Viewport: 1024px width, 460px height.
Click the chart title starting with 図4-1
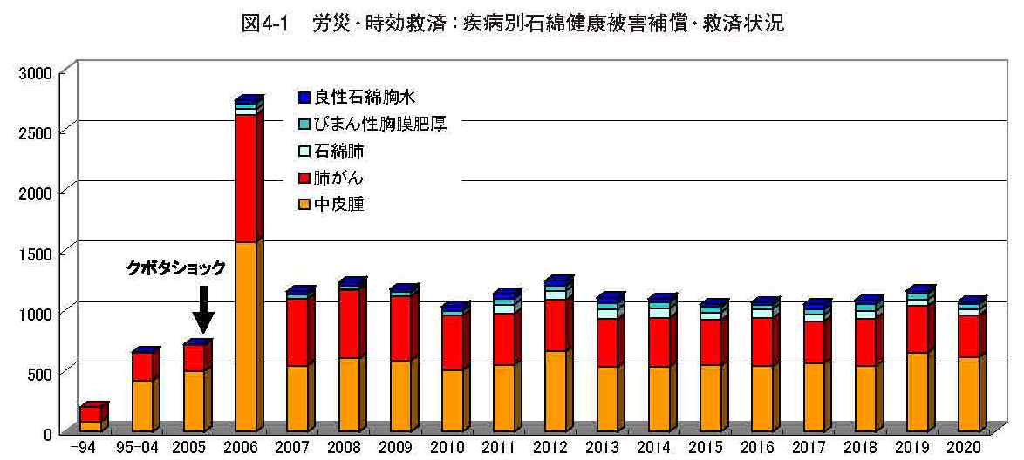pyautogui.click(x=512, y=24)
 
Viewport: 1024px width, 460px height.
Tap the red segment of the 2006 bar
pyautogui.click(x=245, y=179)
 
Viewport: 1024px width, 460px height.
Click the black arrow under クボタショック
pyautogui.click(x=203, y=309)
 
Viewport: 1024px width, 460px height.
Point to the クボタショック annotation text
pyautogui.click(x=175, y=267)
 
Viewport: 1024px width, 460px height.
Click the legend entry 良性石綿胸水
pyautogui.click(x=358, y=98)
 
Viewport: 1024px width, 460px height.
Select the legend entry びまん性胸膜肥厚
pyautogui.click(x=372, y=125)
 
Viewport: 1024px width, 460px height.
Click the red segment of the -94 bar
pyautogui.click(x=91, y=415)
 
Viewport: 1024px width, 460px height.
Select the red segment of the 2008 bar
pyautogui.click(x=348, y=324)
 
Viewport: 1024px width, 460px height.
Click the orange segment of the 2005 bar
pyautogui.click(x=194, y=402)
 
